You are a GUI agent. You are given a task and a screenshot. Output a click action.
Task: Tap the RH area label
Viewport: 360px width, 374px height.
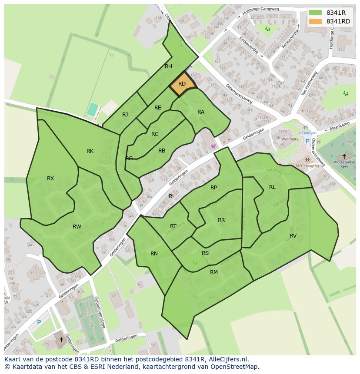click(169, 66)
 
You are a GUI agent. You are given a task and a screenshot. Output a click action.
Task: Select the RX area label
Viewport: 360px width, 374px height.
click(50, 178)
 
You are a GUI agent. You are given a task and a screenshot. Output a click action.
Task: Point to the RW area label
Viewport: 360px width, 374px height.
click(77, 226)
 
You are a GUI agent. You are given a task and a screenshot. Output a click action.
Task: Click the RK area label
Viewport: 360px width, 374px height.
click(90, 151)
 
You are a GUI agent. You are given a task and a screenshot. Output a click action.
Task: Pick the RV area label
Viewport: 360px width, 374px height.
click(293, 235)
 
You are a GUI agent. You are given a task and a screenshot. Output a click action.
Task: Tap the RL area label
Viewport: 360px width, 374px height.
click(272, 187)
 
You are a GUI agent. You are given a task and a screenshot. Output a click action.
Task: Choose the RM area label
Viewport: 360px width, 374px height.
click(214, 272)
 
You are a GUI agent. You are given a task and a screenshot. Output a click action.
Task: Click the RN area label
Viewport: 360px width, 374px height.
click(154, 254)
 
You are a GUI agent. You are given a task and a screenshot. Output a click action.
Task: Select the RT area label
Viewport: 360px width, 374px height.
click(173, 226)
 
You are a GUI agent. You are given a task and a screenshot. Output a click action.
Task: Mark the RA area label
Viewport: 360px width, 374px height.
click(201, 112)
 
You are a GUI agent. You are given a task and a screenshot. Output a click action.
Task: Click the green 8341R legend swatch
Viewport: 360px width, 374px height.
click(315, 13)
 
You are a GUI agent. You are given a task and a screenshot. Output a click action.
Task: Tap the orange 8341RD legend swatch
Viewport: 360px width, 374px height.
click(315, 21)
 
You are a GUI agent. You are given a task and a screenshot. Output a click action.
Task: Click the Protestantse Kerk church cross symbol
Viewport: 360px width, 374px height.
click(344, 156)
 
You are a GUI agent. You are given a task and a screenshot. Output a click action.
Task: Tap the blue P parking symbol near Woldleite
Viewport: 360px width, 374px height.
click(307, 141)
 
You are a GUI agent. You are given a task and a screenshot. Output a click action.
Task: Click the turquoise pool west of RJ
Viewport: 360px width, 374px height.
click(92, 109)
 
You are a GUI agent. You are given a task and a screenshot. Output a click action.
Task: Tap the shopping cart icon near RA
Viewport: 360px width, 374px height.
click(213, 146)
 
